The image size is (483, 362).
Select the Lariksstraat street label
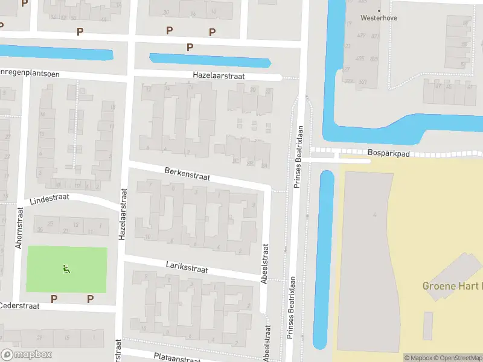click(187, 267)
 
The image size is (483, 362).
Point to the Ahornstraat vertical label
click(18, 230)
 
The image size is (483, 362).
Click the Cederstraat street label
click(20, 306)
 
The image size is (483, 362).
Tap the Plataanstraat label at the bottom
click(177, 358)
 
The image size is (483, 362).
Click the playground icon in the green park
click(66, 269)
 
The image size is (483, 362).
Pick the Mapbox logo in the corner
click(27, 355)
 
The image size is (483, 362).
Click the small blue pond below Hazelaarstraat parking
click(210, 60)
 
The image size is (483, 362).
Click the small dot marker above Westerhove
click(380, 10)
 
